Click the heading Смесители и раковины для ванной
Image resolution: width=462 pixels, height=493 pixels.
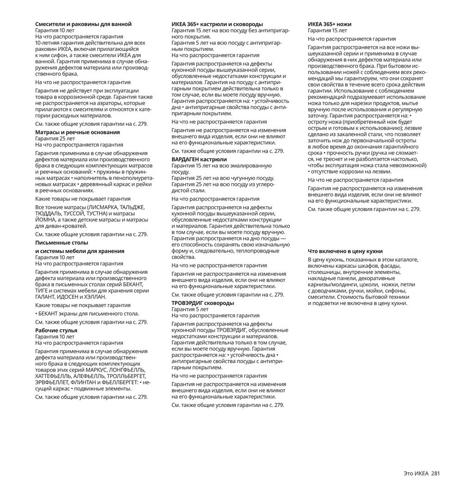(x=84, y=24)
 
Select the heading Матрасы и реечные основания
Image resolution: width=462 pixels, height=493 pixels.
(x=78, y=132)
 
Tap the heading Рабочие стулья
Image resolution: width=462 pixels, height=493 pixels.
(x=56, y=331)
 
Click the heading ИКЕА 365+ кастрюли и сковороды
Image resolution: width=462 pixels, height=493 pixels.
(x=217, y=24)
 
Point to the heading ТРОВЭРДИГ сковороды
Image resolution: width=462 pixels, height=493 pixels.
(x=203, y=303)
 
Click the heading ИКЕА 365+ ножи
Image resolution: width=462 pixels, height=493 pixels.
(x=330, y=24)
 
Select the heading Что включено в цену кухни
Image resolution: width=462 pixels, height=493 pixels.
(x=346, y=251)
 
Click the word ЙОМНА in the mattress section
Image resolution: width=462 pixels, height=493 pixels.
(x=46, y=220)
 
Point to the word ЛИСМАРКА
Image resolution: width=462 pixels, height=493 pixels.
(x=102, y=207)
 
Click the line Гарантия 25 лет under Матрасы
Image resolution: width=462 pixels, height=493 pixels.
(x=55, y=138)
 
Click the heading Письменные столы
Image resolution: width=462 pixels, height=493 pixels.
(x=61, y=243)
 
